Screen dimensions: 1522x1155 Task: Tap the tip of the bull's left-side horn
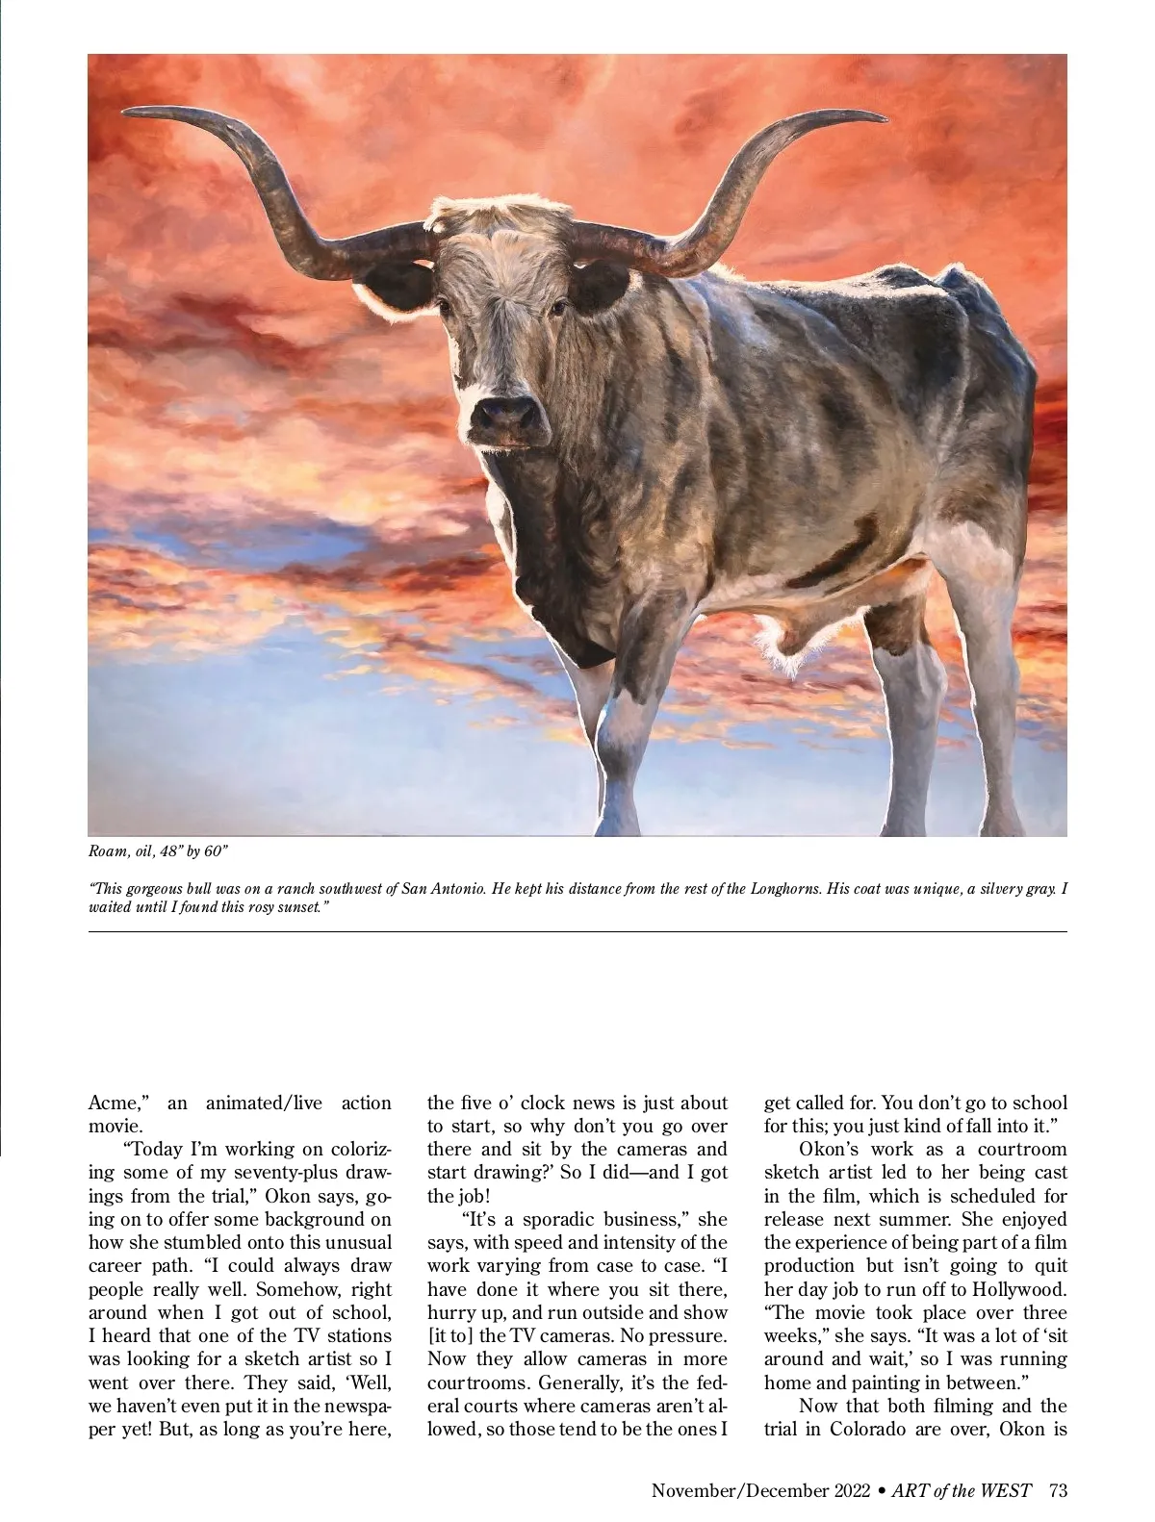pos(126,114)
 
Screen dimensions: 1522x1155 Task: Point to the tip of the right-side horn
pos(884,119)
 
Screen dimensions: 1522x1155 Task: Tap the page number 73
pos(1058,1491)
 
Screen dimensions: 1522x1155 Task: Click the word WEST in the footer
pos(1006,1491)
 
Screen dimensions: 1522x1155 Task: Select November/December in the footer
pos(737,1491)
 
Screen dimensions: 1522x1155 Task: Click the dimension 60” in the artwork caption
pos(215,852)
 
